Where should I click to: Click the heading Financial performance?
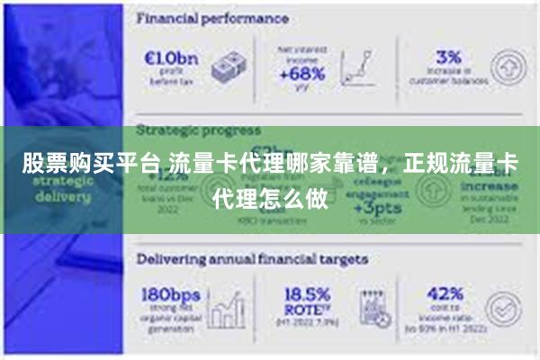(212, 18)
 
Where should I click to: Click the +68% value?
(301, 75)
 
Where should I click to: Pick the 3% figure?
(448, 56)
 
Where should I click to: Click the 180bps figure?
(171, 294)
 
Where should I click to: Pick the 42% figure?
(445, 294)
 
